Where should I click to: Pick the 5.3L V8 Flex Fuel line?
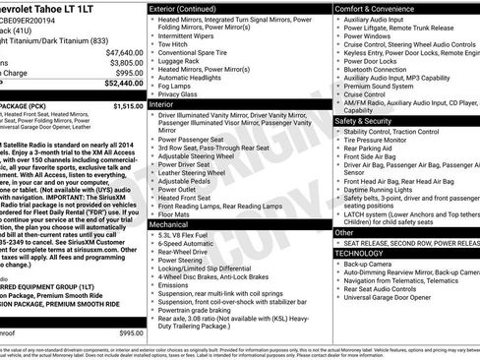(191, 237)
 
